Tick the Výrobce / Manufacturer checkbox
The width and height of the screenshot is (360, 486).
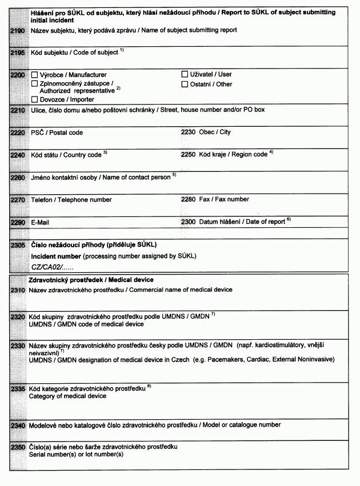point(35,75)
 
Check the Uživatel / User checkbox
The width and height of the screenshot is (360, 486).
point(185,74)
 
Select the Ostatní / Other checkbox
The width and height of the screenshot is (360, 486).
point(185,84)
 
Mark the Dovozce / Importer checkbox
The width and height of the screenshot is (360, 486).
point(35,99)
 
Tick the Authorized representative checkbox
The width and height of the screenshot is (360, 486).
point(35,83)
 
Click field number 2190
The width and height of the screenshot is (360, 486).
point(17,30)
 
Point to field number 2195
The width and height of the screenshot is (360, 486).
point(17,53)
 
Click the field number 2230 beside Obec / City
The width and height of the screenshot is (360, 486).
point(188,132)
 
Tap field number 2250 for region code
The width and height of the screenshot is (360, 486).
point(188,155)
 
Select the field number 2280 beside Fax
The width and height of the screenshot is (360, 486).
point(188,199)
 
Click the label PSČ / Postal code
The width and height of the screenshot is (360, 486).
point(57,132)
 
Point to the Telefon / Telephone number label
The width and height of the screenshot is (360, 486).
point(71,200)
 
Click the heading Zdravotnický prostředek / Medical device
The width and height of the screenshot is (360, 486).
point(91,280)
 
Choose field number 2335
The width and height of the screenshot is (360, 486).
point(17,388)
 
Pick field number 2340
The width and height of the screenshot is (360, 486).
point(17,425)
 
